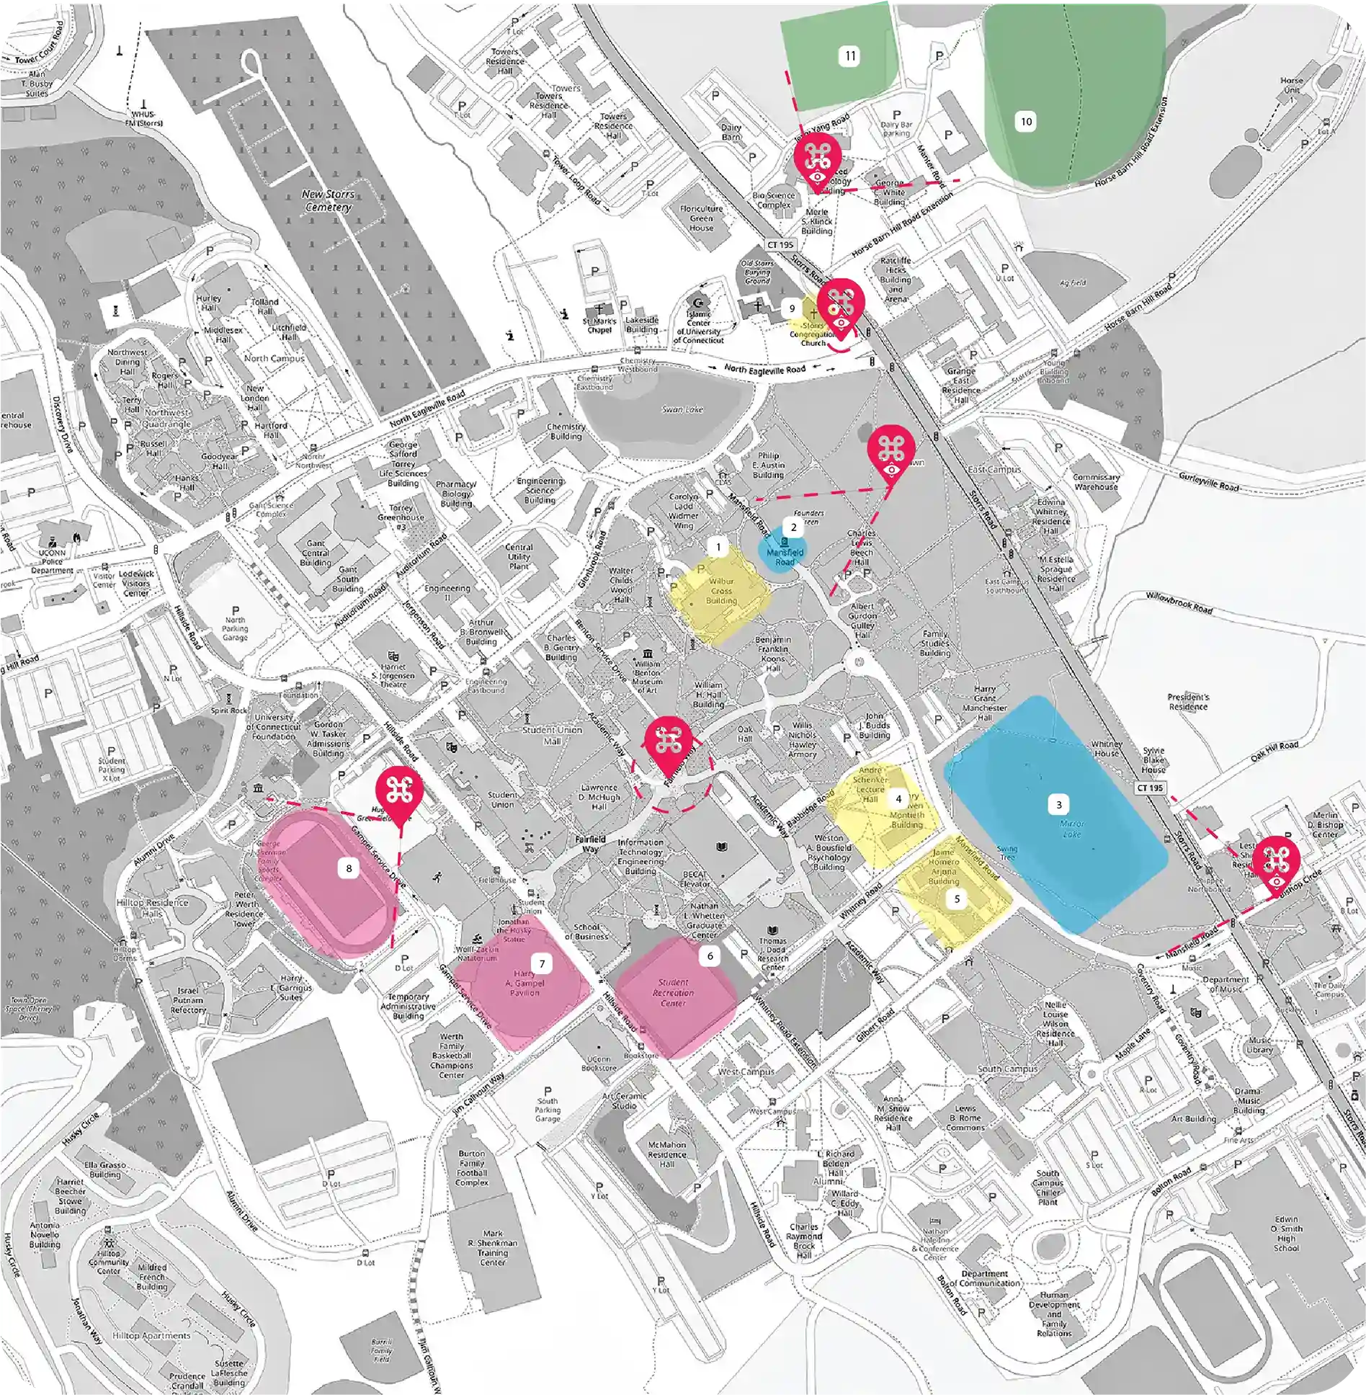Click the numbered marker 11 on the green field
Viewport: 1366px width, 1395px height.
(850, 56)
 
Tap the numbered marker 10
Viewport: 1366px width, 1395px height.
(1026, 122)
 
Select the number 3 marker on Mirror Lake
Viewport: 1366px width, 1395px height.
(1058, 805)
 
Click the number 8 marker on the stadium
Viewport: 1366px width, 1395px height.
(349, 868)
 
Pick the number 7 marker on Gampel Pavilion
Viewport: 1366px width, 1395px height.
(542, 963)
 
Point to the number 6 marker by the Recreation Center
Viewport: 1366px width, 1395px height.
(710, 956)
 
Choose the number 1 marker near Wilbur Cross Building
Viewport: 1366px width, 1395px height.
(718, 547)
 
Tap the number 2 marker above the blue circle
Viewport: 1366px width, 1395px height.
(793, 527)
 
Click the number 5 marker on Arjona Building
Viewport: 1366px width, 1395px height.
(957, 899)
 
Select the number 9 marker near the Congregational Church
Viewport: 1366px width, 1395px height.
(792, 308)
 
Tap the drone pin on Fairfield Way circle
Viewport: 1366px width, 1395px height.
(668, 743)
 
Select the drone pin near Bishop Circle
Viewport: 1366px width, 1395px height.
(1275, 862)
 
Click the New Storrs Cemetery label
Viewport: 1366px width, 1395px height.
(328, 200)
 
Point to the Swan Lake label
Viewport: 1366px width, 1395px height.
(682, 409)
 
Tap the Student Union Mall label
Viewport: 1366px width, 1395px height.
(552, 735)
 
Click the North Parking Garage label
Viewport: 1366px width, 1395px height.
(235, 628)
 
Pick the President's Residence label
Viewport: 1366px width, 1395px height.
(1188, 701)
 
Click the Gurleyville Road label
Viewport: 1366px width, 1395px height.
(1208, 481)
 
